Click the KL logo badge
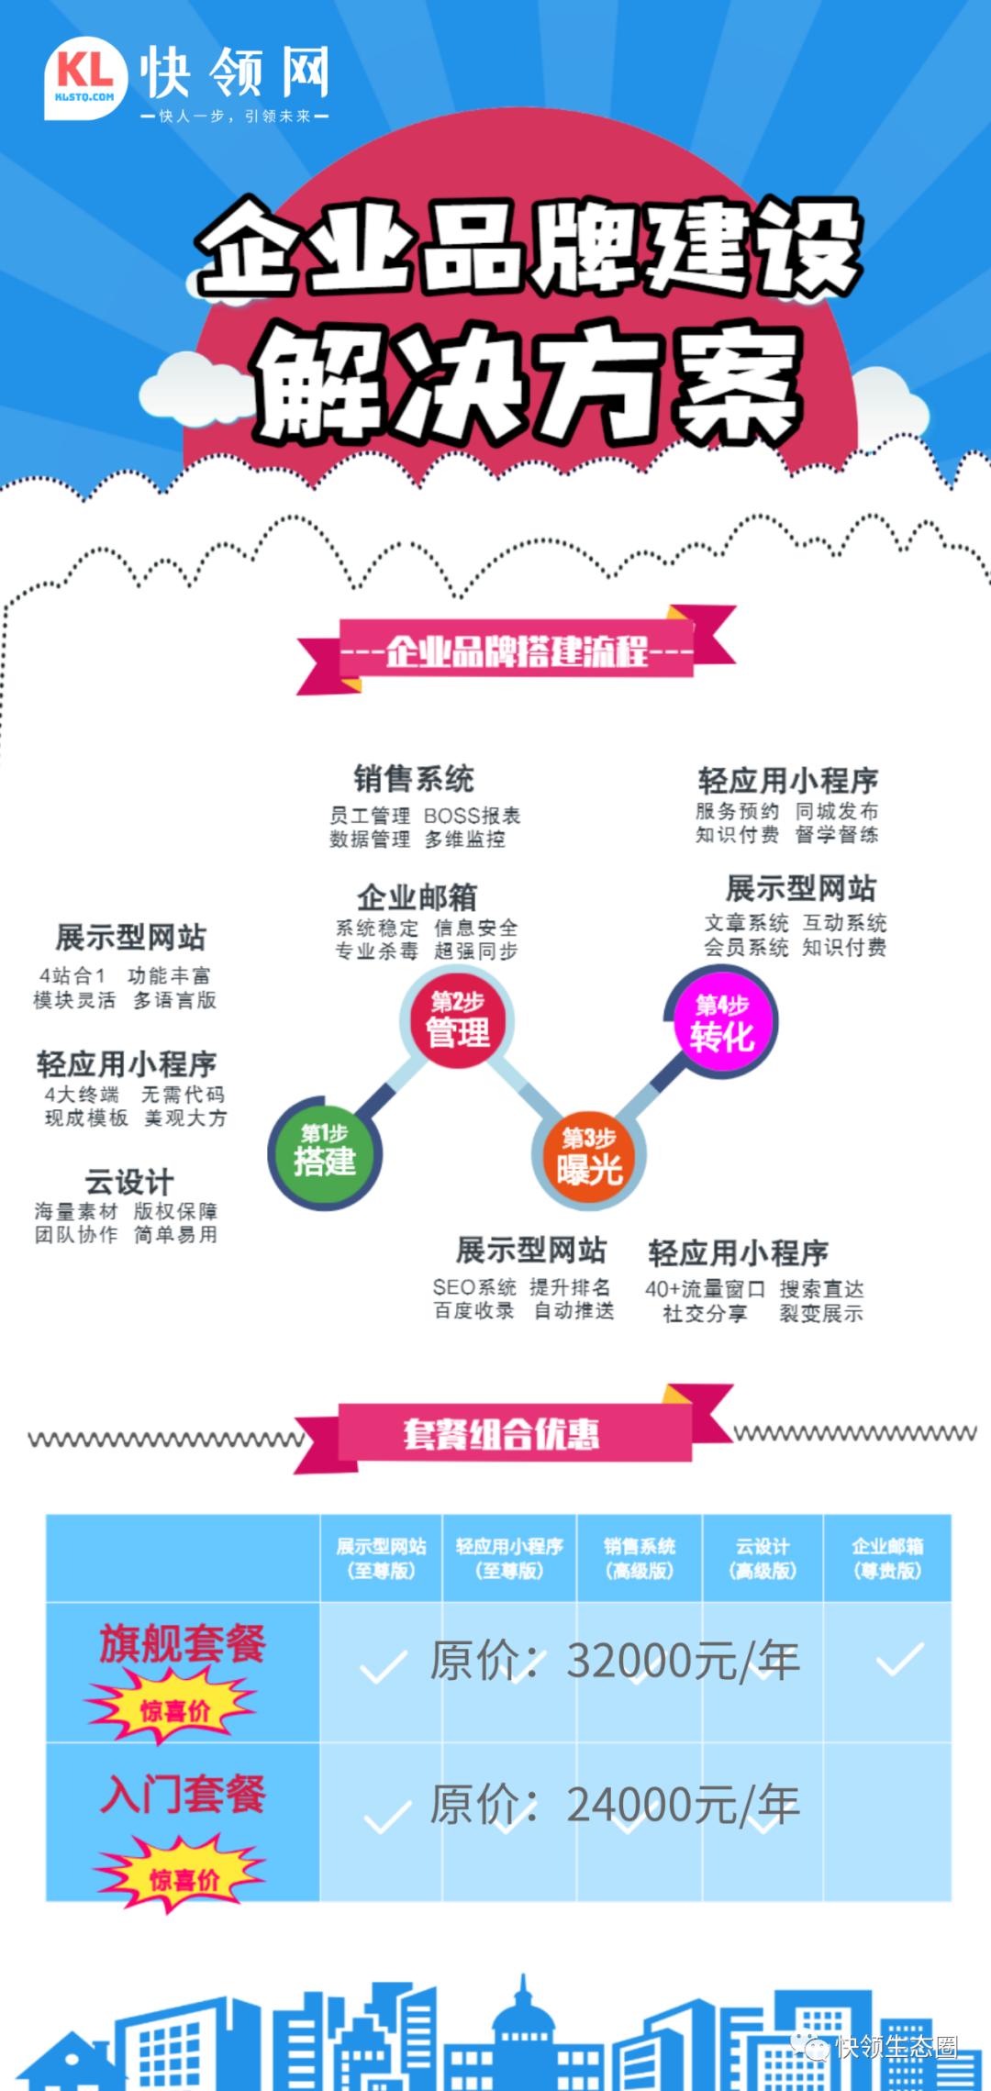click(x=85, y=78)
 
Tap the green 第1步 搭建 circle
click(x=325, y=1152)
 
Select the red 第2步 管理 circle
click(x=457, y=1020)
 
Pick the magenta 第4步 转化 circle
click(x=722, y=1022)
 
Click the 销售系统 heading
click(x=414, y=779)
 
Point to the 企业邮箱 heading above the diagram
click(x=418, y=896)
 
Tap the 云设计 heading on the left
click(x=129, y=1181)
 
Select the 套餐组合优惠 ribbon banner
click(x=502, y=1433)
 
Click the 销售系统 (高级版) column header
click(x=640, y=1558)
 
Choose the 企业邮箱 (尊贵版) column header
click(x=887, y=1558)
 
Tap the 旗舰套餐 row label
click(x=183, y=1642)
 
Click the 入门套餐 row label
click(x=183, y=1793)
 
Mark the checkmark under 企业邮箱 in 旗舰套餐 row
click(x=899, y=1660)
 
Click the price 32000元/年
click(x=683, y=1660)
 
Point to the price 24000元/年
click(x=683, y=1805)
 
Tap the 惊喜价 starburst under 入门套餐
click(x=183, y=1877)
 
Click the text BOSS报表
click(x=472, y=816)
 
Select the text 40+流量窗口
click(x=705, y=1289)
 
